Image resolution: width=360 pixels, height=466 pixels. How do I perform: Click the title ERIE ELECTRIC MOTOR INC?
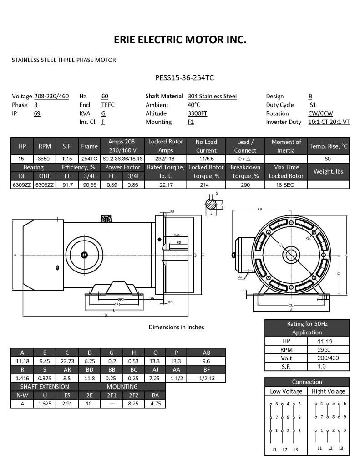click(180, 40)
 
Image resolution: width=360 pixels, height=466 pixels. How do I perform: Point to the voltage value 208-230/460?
click(51, 97)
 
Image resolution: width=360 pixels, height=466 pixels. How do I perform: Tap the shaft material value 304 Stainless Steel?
click(212, 97)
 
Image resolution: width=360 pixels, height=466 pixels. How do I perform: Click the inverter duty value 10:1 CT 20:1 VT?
click(329, 122)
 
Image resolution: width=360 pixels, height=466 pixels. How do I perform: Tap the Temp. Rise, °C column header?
click(328, 146)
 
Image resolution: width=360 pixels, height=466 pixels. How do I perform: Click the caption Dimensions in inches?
click(176, 327)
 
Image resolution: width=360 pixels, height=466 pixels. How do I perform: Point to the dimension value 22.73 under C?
click(67, 361)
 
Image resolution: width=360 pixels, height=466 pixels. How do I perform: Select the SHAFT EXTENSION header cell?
click(44, 387)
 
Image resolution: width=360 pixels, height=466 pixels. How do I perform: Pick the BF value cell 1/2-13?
click(206, 378)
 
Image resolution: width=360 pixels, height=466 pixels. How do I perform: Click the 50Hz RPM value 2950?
click(328, 349)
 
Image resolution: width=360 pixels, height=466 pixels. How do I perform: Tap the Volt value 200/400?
click(328, 358)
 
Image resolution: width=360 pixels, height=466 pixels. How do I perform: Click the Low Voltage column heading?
click(286, 391)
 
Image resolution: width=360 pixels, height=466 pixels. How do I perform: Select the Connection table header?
click(307, 382)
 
